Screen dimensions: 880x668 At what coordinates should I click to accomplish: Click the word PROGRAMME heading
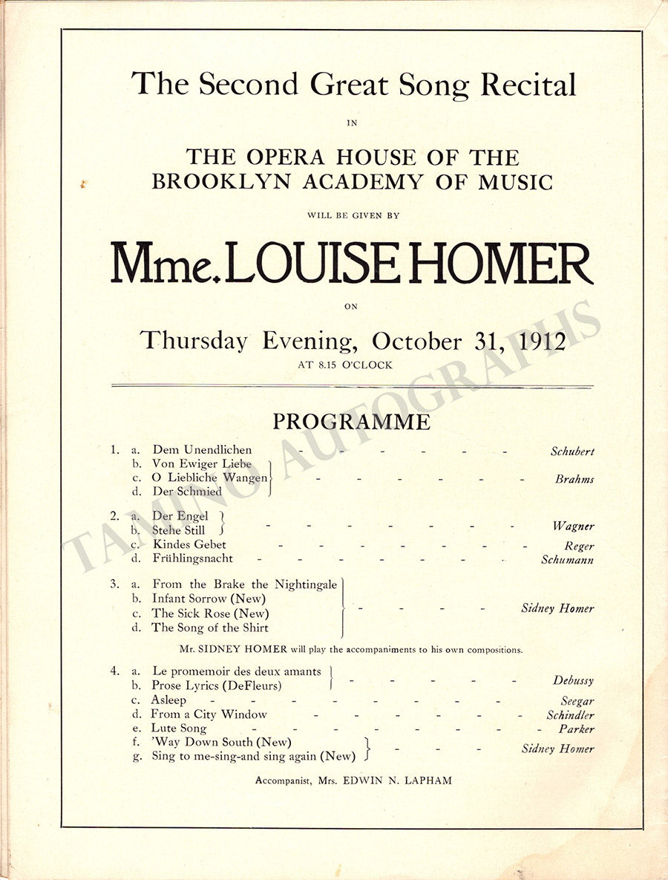tap(351, 422)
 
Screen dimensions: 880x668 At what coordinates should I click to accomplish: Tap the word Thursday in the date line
tap(194, 341)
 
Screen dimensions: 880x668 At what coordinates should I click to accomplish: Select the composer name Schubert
tap(572, 451)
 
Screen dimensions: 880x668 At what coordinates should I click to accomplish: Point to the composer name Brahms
tap(574, 479)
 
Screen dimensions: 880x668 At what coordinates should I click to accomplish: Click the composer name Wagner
tap(573, 526)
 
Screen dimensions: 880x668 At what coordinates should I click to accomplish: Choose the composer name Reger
tap(579, 546)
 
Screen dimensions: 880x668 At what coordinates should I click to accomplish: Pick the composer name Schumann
tap(567, 560)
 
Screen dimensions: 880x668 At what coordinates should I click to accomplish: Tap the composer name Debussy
tap(573, 680)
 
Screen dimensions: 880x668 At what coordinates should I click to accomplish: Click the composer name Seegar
tap(577, 700)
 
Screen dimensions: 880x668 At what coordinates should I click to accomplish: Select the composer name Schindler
tap(570, 715)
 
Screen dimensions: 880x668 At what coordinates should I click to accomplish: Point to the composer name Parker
tap(577, 729)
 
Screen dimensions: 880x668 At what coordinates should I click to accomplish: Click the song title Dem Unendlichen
tap(202, 450)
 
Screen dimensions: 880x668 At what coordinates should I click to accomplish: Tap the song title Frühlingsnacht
tap(192, 558)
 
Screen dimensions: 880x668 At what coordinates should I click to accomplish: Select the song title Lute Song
tap(179, 729)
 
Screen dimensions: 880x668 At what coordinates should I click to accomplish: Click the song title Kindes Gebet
tap(189, 544)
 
